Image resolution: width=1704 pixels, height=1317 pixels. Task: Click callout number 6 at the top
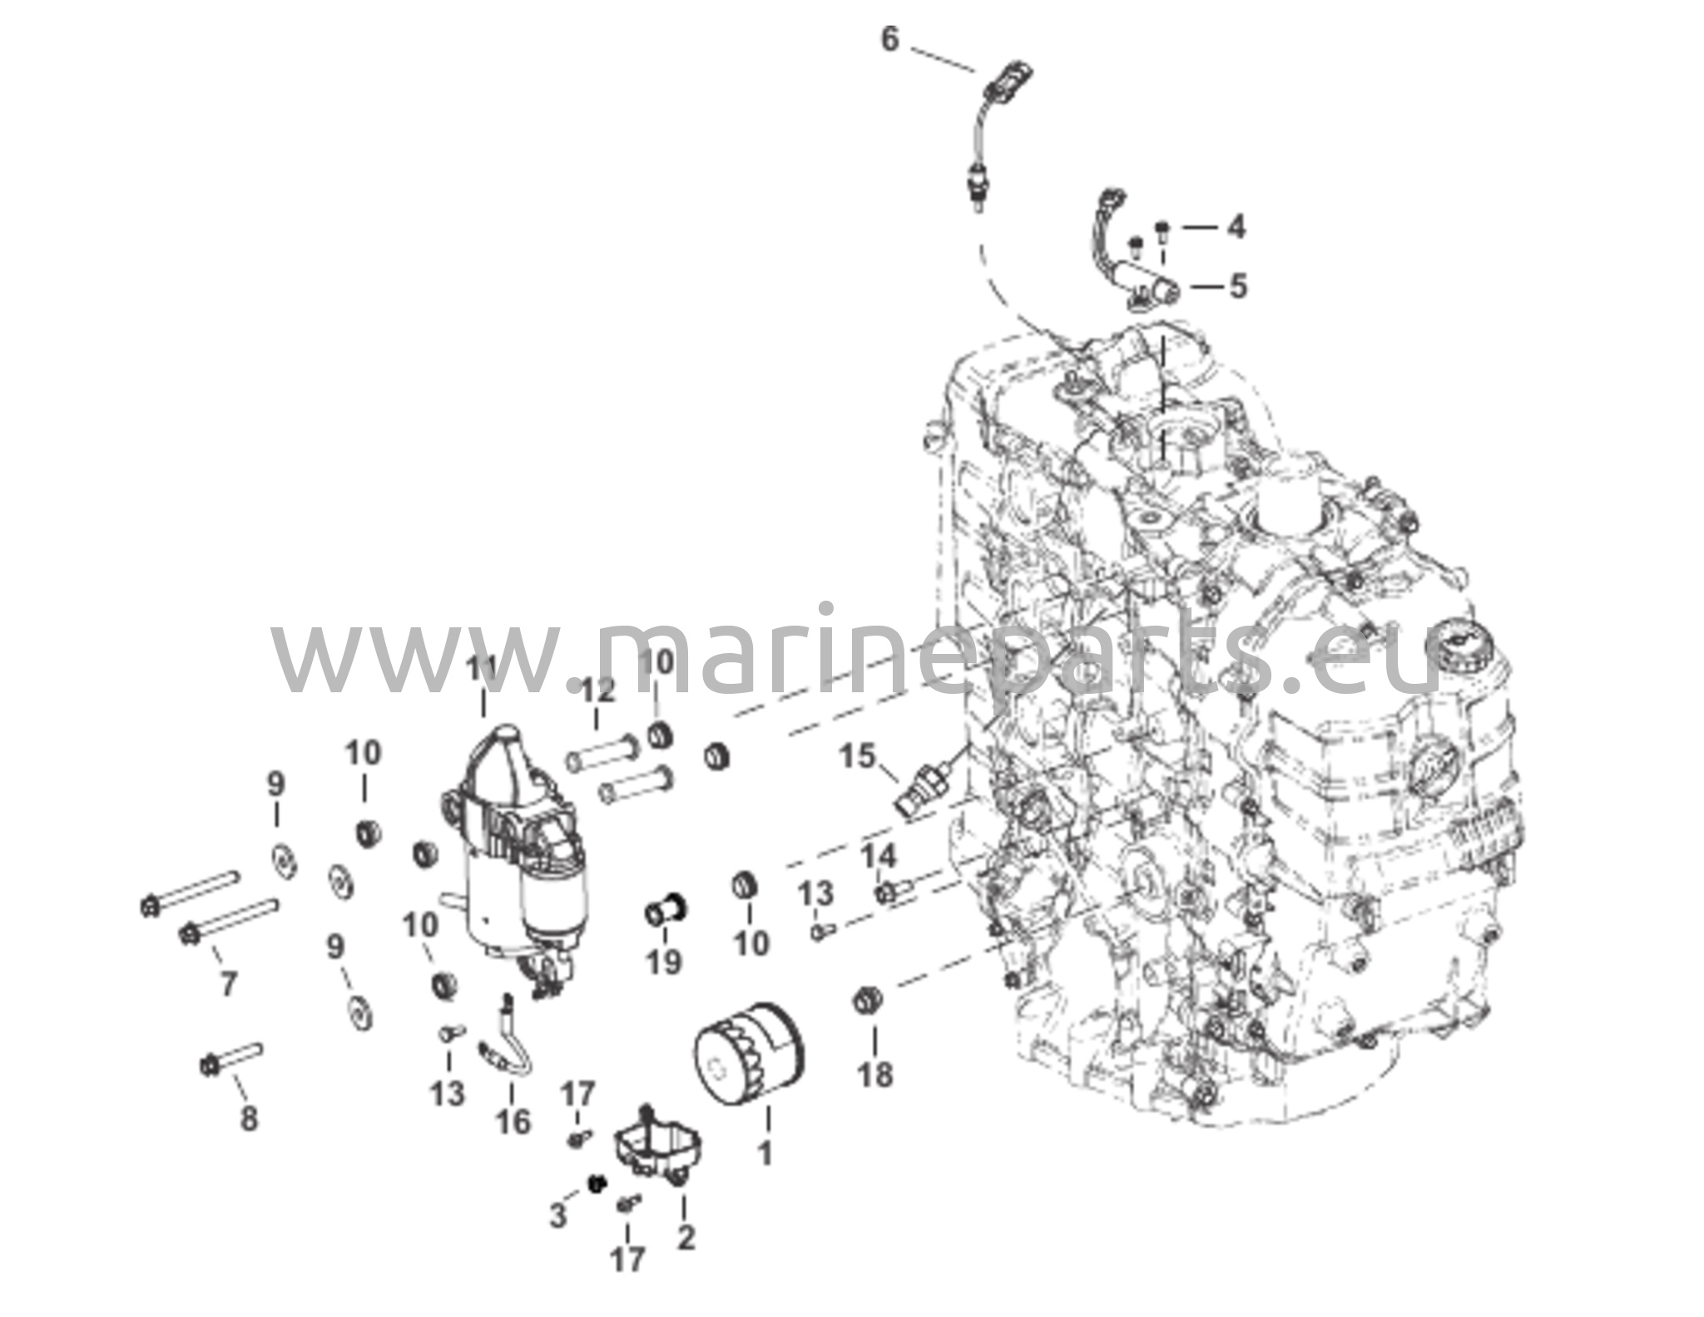pos(890,38)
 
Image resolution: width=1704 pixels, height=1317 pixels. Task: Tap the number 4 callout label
pos(1236,226)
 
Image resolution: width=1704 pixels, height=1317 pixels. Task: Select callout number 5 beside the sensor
pos(1238,286)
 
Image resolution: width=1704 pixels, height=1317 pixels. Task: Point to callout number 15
pos(858,756)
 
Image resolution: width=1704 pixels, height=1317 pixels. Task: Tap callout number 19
pos(664,963)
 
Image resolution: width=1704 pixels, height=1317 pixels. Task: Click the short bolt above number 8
pos(232,1059)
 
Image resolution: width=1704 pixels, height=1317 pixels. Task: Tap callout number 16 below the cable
pos(513,1121)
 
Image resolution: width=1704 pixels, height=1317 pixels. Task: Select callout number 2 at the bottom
pos(686,1237)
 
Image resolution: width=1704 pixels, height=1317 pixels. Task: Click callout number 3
pos(557,1216)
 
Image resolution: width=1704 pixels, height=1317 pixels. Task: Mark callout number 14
pos(879,856)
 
